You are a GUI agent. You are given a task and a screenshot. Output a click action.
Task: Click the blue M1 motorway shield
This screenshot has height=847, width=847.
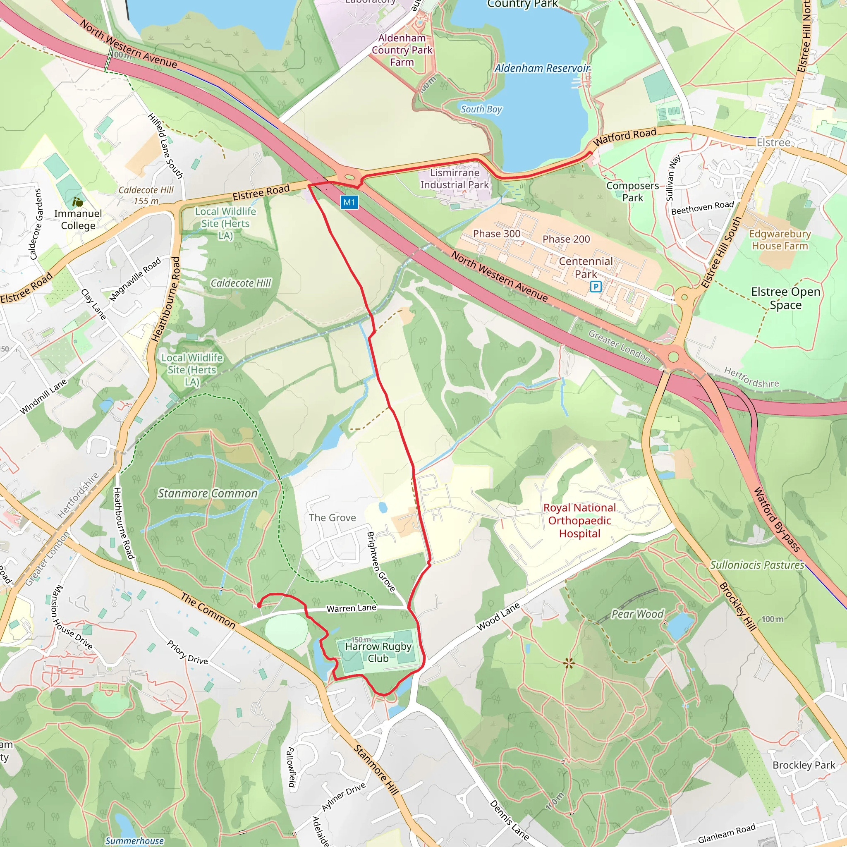click(349, 202)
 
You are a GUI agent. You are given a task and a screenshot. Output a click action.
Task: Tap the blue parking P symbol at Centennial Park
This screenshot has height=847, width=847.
click(596, 287)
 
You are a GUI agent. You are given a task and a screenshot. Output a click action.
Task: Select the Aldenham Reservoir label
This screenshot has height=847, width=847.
click(542, 68)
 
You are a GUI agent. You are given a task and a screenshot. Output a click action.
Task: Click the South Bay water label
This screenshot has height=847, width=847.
click(481, 109)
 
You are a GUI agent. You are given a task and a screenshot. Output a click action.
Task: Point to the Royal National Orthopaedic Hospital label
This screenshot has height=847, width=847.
click(579, 520)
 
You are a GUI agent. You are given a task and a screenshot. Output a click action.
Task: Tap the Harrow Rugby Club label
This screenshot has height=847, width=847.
click(378, 652)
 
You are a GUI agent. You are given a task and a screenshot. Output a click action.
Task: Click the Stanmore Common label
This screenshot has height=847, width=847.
click(207, 494)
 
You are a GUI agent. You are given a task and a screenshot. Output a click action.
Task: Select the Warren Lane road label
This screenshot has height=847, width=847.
click(351, 608)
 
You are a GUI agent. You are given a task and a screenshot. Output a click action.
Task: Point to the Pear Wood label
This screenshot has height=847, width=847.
click(637, 614)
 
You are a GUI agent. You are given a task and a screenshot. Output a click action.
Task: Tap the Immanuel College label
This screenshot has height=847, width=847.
click(78, 219)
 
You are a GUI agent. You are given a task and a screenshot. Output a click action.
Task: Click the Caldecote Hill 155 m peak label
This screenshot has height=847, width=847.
click(146, 196)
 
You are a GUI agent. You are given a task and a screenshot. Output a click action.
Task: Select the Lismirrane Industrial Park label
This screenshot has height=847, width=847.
click(454, 179)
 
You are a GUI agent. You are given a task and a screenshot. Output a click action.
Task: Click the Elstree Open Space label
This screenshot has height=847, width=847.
click(785, 298)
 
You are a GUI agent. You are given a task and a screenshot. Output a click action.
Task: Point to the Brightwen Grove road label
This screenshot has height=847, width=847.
click(380, 562)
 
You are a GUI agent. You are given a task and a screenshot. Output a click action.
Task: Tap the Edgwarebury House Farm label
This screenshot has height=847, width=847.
click(780, 240)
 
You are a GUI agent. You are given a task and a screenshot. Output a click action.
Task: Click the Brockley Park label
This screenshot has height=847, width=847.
click(804, 766)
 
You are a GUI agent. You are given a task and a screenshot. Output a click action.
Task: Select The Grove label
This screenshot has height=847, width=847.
click(333, 518)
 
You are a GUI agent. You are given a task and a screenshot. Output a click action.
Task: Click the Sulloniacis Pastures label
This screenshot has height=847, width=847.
click(757, 565)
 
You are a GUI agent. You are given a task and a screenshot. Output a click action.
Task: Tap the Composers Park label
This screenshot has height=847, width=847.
click(632, 191)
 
